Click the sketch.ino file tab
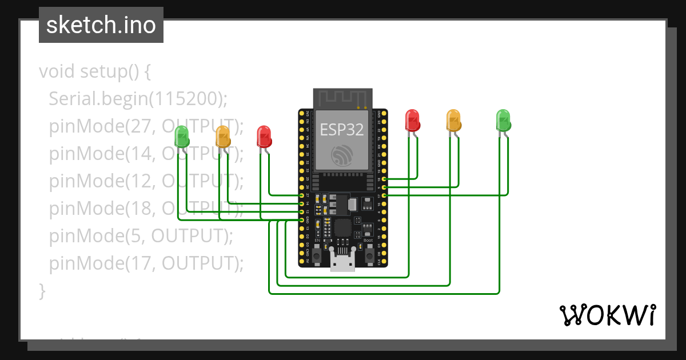101,25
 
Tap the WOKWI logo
607,315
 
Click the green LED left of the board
182,136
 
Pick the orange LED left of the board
223,137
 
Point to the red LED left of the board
264,137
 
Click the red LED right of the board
412,120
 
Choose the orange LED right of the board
453,120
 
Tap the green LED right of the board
503,120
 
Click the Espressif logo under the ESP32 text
342,155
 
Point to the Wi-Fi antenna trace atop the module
342,98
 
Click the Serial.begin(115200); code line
138,99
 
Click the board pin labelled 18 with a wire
384,179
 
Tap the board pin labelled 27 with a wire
302,195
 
